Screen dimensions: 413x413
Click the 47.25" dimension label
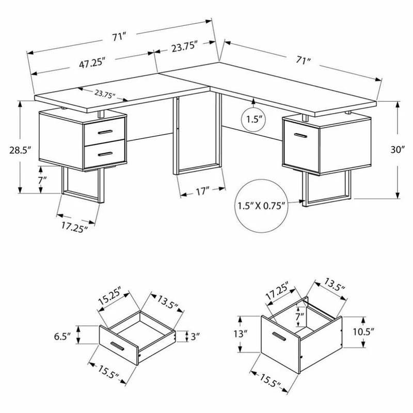(x=92, y=63)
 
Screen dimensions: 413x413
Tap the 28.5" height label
(x=20, y=150)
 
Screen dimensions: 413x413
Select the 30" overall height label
(x=397, y=149)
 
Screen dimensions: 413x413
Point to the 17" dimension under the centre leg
(x=202, y=192)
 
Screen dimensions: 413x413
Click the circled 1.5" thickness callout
(x=253, y=119)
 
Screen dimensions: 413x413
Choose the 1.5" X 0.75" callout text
(x=262, y=205)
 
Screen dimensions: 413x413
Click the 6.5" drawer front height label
(x=62, y=337)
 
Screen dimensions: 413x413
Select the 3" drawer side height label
(x=195, y=337)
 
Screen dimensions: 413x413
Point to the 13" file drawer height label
(x=240, y=333)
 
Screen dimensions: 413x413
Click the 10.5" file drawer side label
(x=363, y=331)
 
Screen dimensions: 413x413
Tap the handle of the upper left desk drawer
(x=105, y=132)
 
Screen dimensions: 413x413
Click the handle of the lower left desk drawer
(x=105, y=154)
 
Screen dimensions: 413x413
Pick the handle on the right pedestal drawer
(x=300, y=135)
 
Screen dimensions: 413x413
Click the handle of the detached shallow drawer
(x=117, y=346)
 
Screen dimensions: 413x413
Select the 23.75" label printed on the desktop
(x=105, y=94)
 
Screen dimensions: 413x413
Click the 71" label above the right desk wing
(x=303, y=60)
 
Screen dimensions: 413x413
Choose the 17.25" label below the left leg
(x=74, y=227)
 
